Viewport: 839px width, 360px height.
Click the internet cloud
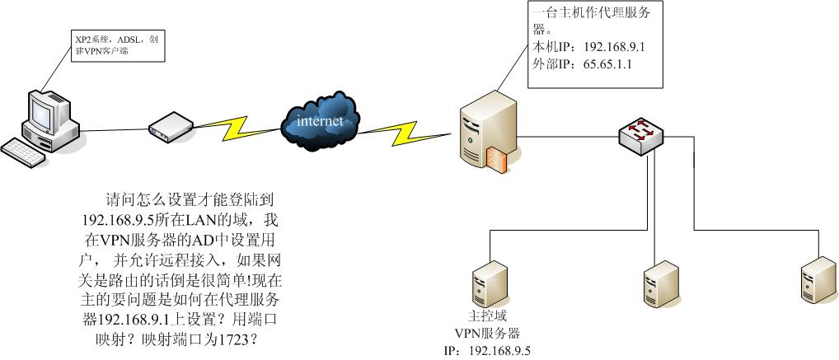point(321,123)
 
